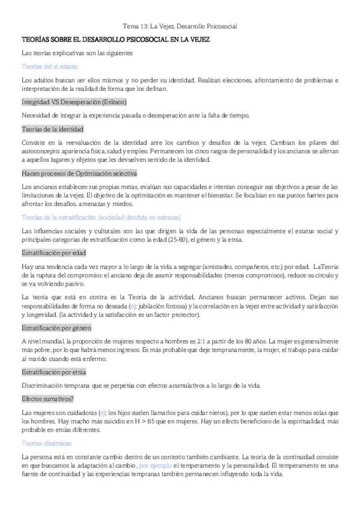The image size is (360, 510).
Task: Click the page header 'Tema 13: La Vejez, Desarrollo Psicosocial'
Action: pos(180,26)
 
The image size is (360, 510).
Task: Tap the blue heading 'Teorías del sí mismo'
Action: pos(45,67)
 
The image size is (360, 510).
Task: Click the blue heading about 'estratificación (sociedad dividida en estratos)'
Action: pos(100,217)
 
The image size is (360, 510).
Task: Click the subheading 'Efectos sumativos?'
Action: pos(47,398)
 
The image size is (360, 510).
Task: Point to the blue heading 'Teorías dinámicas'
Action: pos(46,443)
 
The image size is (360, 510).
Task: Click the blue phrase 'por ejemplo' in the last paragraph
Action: pos(155,466)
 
